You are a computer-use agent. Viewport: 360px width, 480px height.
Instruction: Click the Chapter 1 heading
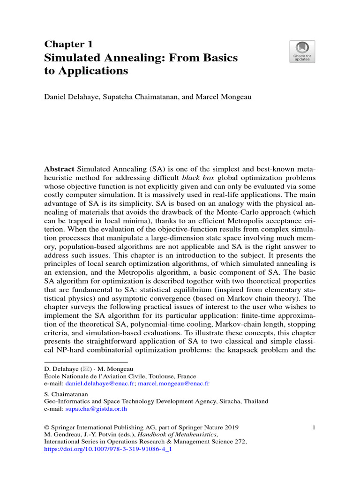68,45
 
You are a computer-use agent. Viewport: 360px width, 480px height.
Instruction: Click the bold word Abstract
59,168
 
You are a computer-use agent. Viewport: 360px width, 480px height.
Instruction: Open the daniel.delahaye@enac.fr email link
95,383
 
